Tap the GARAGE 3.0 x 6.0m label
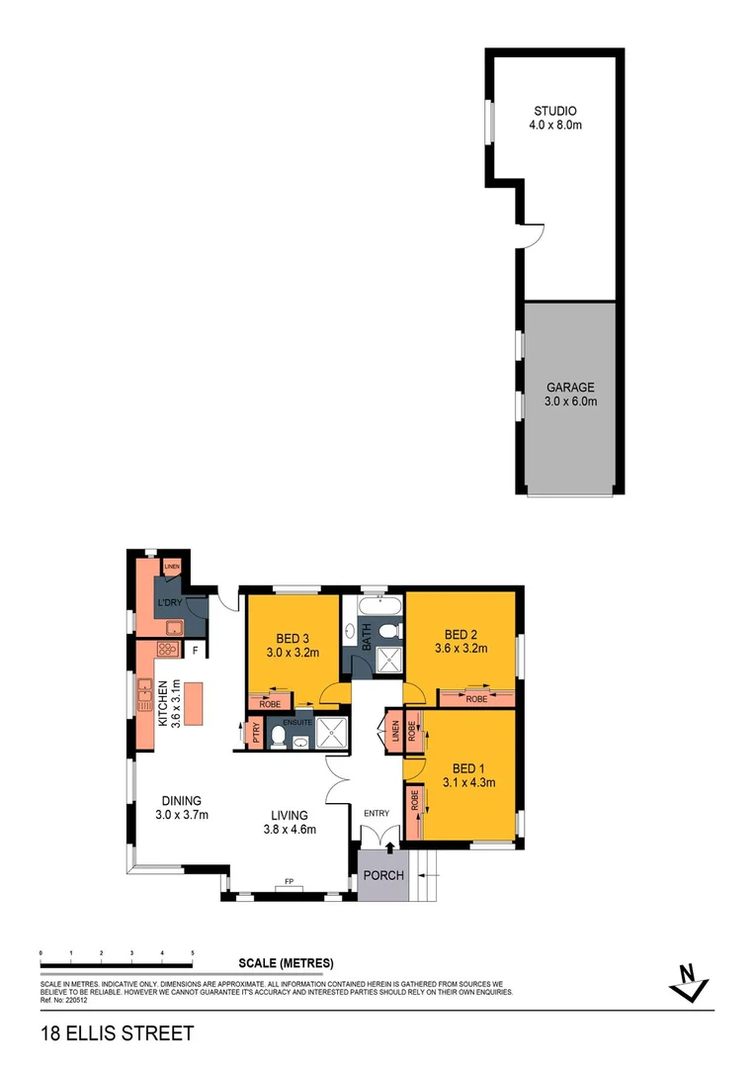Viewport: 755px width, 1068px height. click(571, 388)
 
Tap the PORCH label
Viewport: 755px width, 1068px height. click(383, 876)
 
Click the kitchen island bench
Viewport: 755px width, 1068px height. click(192, 703)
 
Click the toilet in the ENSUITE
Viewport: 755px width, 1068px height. click(278, 738)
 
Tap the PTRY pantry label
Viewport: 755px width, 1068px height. click(256, 734)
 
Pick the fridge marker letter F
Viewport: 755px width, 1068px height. click(197, 651)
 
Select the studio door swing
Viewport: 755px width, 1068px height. click(532, 234)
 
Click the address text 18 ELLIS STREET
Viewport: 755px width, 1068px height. click(117, 1034)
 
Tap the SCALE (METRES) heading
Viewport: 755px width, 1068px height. click(286, 963)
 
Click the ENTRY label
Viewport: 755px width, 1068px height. click(377, 814)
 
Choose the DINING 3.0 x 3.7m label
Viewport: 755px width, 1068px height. click(178, 808)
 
